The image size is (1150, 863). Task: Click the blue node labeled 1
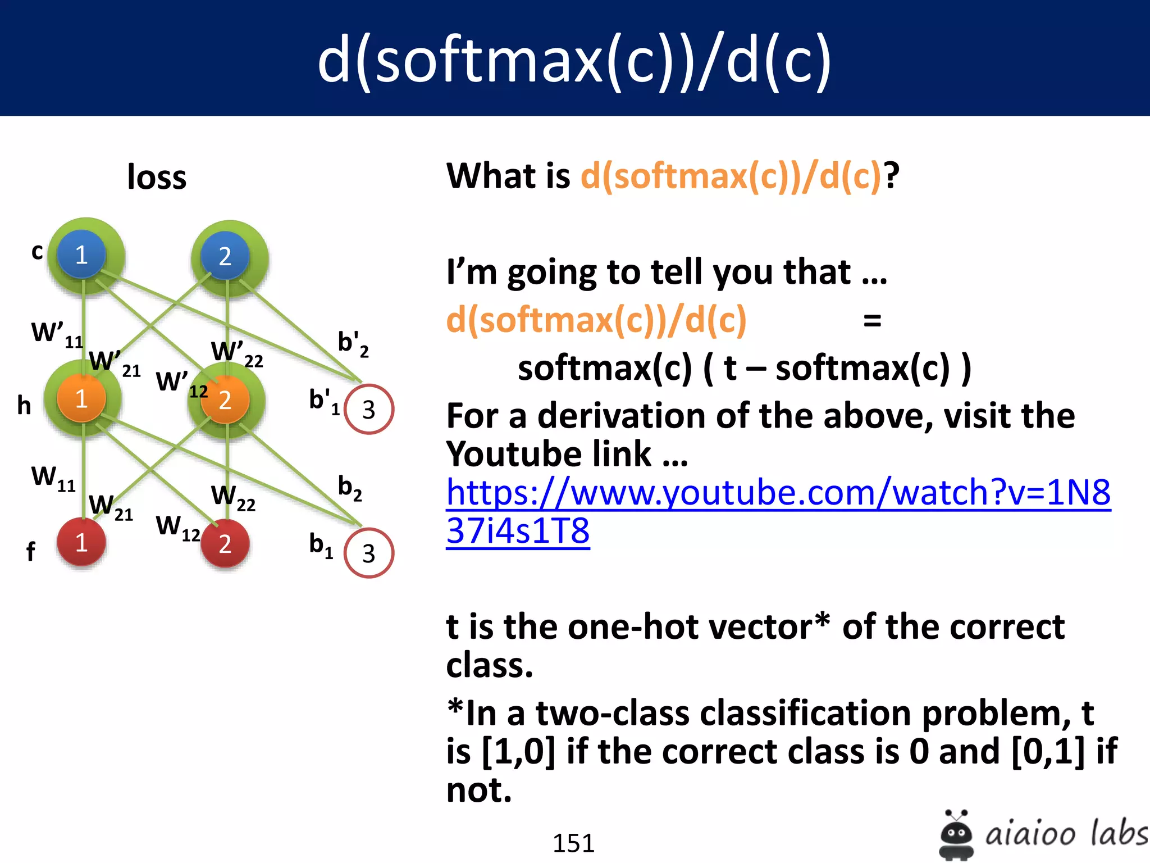click(81, 255)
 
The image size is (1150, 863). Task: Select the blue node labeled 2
click(225, 256)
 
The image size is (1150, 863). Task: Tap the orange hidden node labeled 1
click(81, 398)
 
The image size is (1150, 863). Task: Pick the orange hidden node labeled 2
click(225, 399)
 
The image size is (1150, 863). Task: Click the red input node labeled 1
click(81, 543)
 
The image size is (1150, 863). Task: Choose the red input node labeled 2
click(225, 543)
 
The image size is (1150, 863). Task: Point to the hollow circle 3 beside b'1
click(368, 409)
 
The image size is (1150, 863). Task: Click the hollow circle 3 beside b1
click(368, 553)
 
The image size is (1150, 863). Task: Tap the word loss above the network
click(157, 177)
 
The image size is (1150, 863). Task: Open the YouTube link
click(778, 493)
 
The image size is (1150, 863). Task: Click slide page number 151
click(573, 843)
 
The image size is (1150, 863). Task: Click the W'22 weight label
click(236, 353)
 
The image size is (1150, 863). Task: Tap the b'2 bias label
click(353, 343)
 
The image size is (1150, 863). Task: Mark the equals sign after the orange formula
click(871, 321)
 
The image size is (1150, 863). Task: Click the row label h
click(24, 405)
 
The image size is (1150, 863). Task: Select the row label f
click(30, 551)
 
